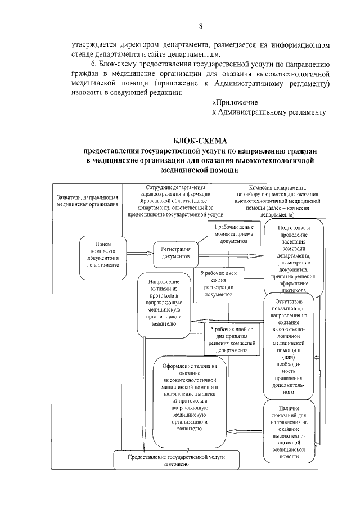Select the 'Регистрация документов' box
coord(175,253)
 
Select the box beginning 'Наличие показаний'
coord(290,431)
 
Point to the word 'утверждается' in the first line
coord(95,44)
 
